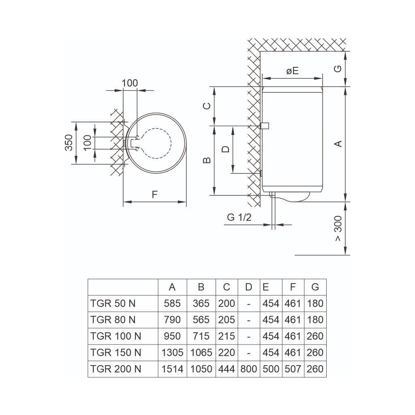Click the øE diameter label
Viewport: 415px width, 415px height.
point(292,71)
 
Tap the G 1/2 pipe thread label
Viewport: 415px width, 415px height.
point(239,217)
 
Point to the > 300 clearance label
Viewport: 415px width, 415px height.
point(338,229)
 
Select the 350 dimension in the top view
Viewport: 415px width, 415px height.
point(68,143)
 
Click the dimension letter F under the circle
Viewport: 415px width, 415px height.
point(154,195)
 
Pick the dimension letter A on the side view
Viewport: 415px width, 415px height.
point(338,143)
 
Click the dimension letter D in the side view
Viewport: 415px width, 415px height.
point(226,149)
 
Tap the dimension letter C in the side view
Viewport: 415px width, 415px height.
point(207,106)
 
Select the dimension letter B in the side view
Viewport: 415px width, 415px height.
point(207,160)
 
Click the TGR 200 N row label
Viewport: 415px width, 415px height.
point(116,369)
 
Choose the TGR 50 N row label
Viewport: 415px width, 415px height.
point(113,304)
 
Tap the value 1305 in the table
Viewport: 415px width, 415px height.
point(172,353)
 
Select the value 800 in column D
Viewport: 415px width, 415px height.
point(248,369)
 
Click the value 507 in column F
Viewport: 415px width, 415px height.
point(293,369)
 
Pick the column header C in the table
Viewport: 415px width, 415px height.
point(227,287)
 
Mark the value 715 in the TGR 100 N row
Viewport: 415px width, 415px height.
point(201,336)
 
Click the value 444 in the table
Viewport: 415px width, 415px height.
point(227,369)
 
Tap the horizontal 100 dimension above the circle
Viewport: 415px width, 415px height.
point(130,83)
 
